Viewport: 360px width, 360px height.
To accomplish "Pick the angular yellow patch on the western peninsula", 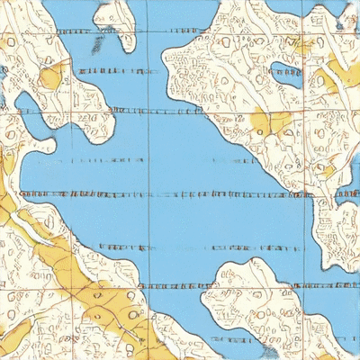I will (50, 77).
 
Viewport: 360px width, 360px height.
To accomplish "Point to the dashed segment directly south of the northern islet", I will (112, 69).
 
